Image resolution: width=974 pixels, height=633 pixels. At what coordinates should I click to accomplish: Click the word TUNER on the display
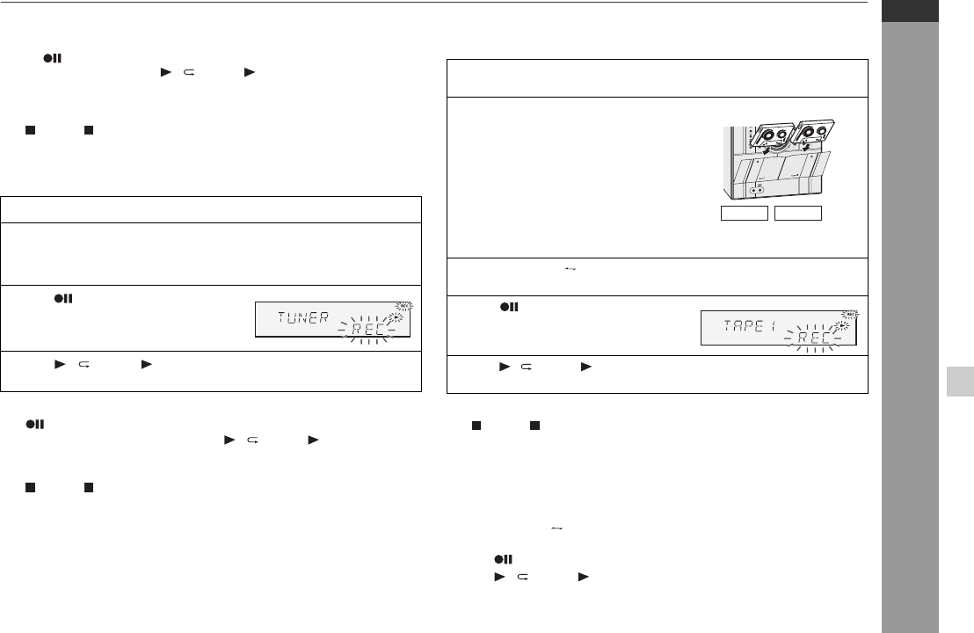302,317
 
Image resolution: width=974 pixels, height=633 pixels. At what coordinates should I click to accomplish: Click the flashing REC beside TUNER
367,329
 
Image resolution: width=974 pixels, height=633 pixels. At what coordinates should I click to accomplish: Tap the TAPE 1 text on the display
750,325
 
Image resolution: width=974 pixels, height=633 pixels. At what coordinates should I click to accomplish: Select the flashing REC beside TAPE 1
814,338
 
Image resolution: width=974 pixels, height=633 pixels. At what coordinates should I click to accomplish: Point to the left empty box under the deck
745,213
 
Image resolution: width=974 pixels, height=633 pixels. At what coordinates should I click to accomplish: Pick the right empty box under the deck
798,213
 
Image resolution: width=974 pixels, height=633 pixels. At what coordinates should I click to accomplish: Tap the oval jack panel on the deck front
757,190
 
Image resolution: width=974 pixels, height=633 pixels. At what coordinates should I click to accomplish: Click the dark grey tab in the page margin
910,11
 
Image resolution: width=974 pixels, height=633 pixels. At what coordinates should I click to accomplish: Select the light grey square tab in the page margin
960,382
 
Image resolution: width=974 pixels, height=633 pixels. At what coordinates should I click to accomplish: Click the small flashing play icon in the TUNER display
395,318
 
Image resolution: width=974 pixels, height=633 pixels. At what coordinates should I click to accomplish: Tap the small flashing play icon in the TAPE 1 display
841,325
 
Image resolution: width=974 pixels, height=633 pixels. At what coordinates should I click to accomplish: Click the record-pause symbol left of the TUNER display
63,299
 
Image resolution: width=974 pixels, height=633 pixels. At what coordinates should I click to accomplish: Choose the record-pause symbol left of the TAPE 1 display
509,307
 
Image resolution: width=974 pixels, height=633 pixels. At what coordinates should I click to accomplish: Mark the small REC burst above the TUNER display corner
404,306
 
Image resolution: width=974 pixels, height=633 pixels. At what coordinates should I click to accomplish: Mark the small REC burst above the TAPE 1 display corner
850,315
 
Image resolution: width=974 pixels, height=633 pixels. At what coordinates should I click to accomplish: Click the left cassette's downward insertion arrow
767,149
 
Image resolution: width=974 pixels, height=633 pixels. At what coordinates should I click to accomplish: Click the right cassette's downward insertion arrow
806,147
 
